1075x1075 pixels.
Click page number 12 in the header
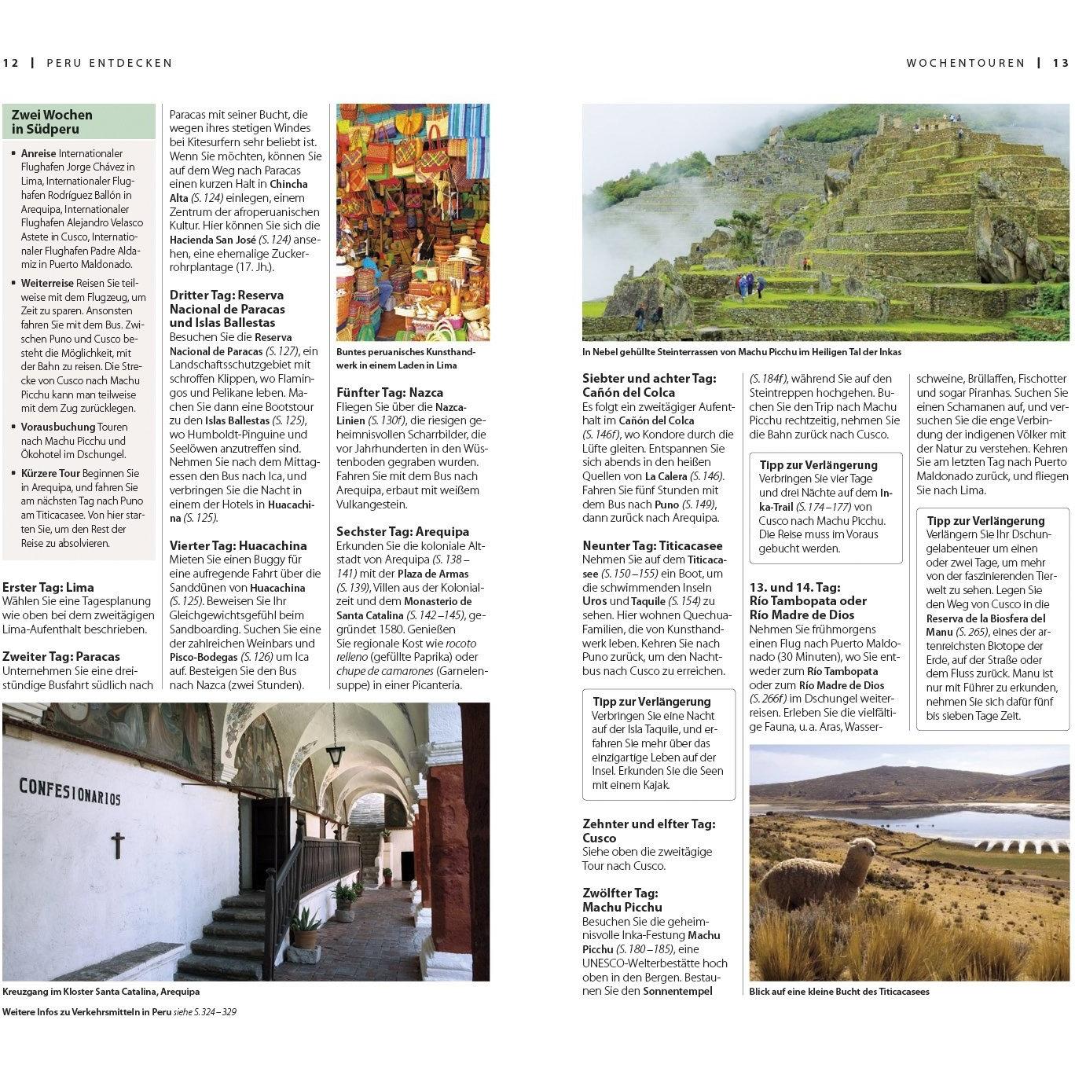[x=11, y=63]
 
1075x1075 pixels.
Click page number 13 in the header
[x=1060, y=63]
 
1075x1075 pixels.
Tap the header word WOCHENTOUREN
[x=965, y=63]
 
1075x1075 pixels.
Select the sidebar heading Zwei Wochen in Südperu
[x=52, y=122]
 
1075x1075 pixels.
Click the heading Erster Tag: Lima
[x=48, y=587]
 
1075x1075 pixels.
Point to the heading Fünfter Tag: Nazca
[x=390, y=392]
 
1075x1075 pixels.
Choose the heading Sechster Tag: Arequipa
[x=402, y=531]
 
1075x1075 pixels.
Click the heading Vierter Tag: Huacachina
[x=238, y=545]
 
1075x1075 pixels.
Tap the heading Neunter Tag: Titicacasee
[x=652, y=545]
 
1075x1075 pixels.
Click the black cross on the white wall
[x=118, y=845]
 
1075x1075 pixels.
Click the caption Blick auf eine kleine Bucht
[x=838, y=992]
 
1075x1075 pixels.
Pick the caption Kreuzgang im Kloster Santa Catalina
[x=101, y=992]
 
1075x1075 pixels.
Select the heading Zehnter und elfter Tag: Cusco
[x=649, y=831]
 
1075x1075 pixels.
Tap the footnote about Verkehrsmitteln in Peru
[x=119, y=1012]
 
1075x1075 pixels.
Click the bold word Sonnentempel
[x=677, y=991]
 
